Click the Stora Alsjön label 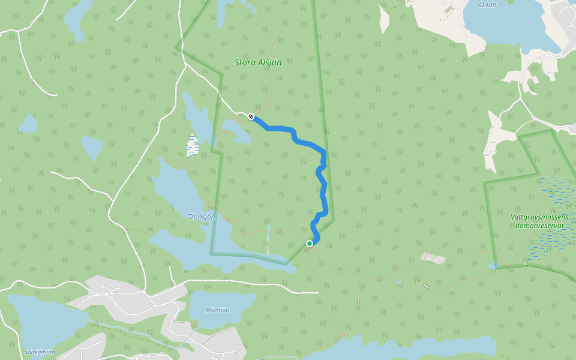tap(258, 62)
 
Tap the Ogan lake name tap(487, 5)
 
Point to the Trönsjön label tap(201, 217)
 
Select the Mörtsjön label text tap(217, 310)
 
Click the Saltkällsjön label tap(40, 352)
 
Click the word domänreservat tap(539, 226)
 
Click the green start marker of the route tap(310, 243)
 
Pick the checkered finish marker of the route tap(251, 116)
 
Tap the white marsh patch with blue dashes tap(193, 145)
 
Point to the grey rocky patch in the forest tap(433, 258)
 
